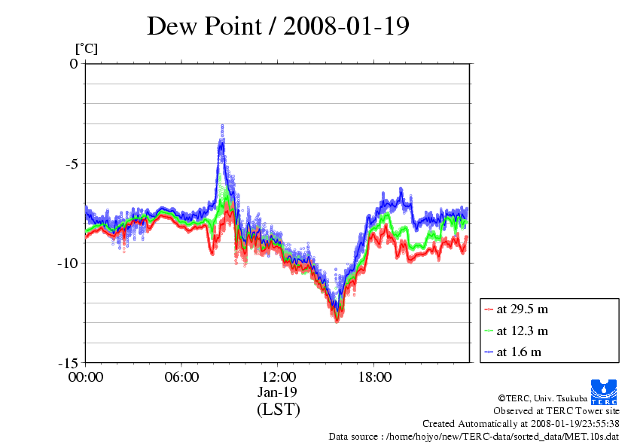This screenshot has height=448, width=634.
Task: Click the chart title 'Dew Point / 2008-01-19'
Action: tap(278, 26)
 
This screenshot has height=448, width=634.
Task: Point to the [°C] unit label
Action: tap(86, 49)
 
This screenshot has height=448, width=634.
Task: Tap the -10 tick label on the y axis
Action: tap(67, 263)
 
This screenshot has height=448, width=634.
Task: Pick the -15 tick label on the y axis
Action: tap(67, 362)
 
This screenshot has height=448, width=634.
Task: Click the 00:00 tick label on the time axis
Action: tap(86, 376)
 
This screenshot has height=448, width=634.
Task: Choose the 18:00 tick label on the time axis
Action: tap(375, 376)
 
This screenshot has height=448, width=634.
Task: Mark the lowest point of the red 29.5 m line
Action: tap(337, 320)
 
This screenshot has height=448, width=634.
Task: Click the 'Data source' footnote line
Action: tap(474, 436)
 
